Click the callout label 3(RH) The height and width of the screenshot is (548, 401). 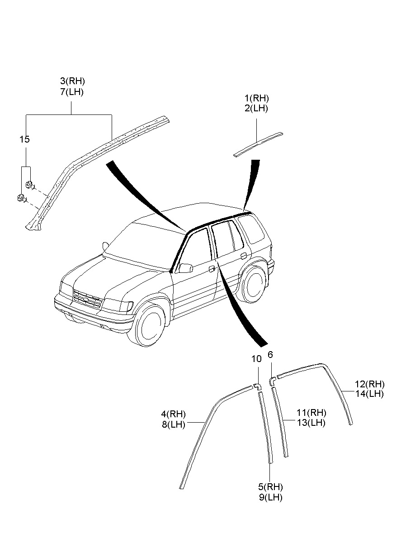pos(72,81)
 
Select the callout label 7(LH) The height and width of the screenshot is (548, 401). pos(72,92)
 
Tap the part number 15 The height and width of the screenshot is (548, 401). pos(24,139)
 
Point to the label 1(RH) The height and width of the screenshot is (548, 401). pos(257,98)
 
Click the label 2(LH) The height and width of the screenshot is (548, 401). pos(257,109)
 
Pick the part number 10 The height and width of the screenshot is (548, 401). pos(256,359)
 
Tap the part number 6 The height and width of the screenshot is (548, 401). pos(270,355)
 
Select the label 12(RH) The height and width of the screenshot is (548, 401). pos(369,384)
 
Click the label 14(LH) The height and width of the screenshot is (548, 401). pos(369,394)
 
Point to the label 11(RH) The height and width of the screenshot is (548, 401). pos(311,413)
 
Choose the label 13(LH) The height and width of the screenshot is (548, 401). pos(311,423)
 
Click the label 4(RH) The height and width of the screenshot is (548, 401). pos(173,414)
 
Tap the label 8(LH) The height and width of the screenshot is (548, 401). pos(173,424)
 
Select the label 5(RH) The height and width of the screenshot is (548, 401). pos(270,487)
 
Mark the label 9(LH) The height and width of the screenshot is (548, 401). pos(270,497)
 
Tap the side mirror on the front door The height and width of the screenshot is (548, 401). pos(185,268)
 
